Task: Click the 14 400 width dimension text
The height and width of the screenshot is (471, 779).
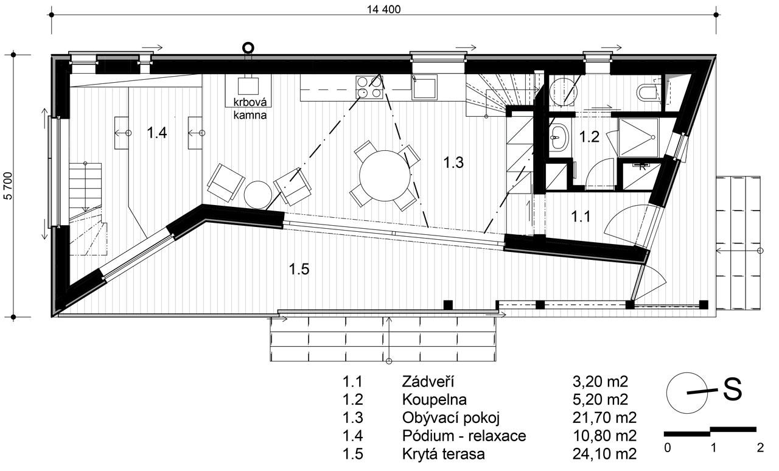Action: (383, 9)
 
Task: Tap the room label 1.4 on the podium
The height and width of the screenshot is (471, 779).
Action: (157, 133)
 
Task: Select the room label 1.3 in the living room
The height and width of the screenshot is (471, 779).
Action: (453, 162)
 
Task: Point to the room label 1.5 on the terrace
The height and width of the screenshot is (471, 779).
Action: (299, 269)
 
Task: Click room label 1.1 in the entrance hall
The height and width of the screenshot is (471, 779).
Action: (581, 217)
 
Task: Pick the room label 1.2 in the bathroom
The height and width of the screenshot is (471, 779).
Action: (590, 137)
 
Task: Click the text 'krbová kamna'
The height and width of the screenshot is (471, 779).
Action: (250, 108)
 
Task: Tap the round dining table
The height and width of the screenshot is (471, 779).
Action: (385, 176)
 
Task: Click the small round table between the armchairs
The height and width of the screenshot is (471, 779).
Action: (257, 195)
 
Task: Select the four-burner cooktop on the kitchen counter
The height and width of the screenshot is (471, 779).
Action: (369, 87)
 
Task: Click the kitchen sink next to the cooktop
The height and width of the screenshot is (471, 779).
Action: (424, 88)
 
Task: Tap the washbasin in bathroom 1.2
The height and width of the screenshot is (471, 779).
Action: (559, 137)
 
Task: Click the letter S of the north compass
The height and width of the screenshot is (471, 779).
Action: (732, 389)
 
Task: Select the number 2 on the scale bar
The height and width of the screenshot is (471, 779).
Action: (760, 448)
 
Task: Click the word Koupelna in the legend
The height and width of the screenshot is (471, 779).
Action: (434, 400)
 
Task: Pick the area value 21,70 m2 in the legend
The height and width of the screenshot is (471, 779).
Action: (604, 418)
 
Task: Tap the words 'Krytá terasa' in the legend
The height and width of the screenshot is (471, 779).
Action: (444, 454)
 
